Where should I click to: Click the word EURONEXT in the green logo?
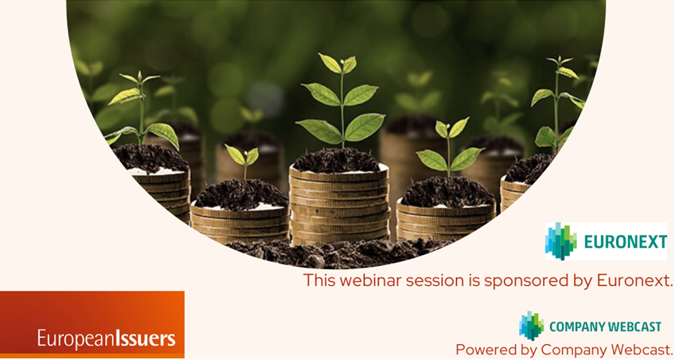625,242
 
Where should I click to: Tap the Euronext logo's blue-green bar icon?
561,241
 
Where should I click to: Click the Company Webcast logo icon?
531,326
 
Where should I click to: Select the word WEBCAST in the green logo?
635,327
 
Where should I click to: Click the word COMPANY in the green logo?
577,327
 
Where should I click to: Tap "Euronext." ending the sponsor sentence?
634,280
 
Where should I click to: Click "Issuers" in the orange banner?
145,339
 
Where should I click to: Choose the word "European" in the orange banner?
76,339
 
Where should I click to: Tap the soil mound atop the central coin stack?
337,160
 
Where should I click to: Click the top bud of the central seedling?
343,63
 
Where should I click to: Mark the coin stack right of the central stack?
446,221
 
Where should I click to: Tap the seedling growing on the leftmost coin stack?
142,112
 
